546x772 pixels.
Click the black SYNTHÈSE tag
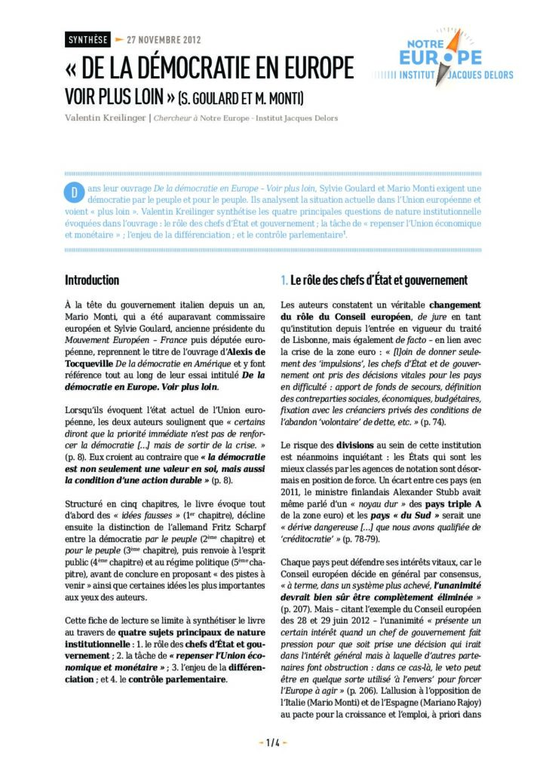point(87,39)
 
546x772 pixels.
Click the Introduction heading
point(92,280)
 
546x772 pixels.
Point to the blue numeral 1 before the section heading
point(284,280)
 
